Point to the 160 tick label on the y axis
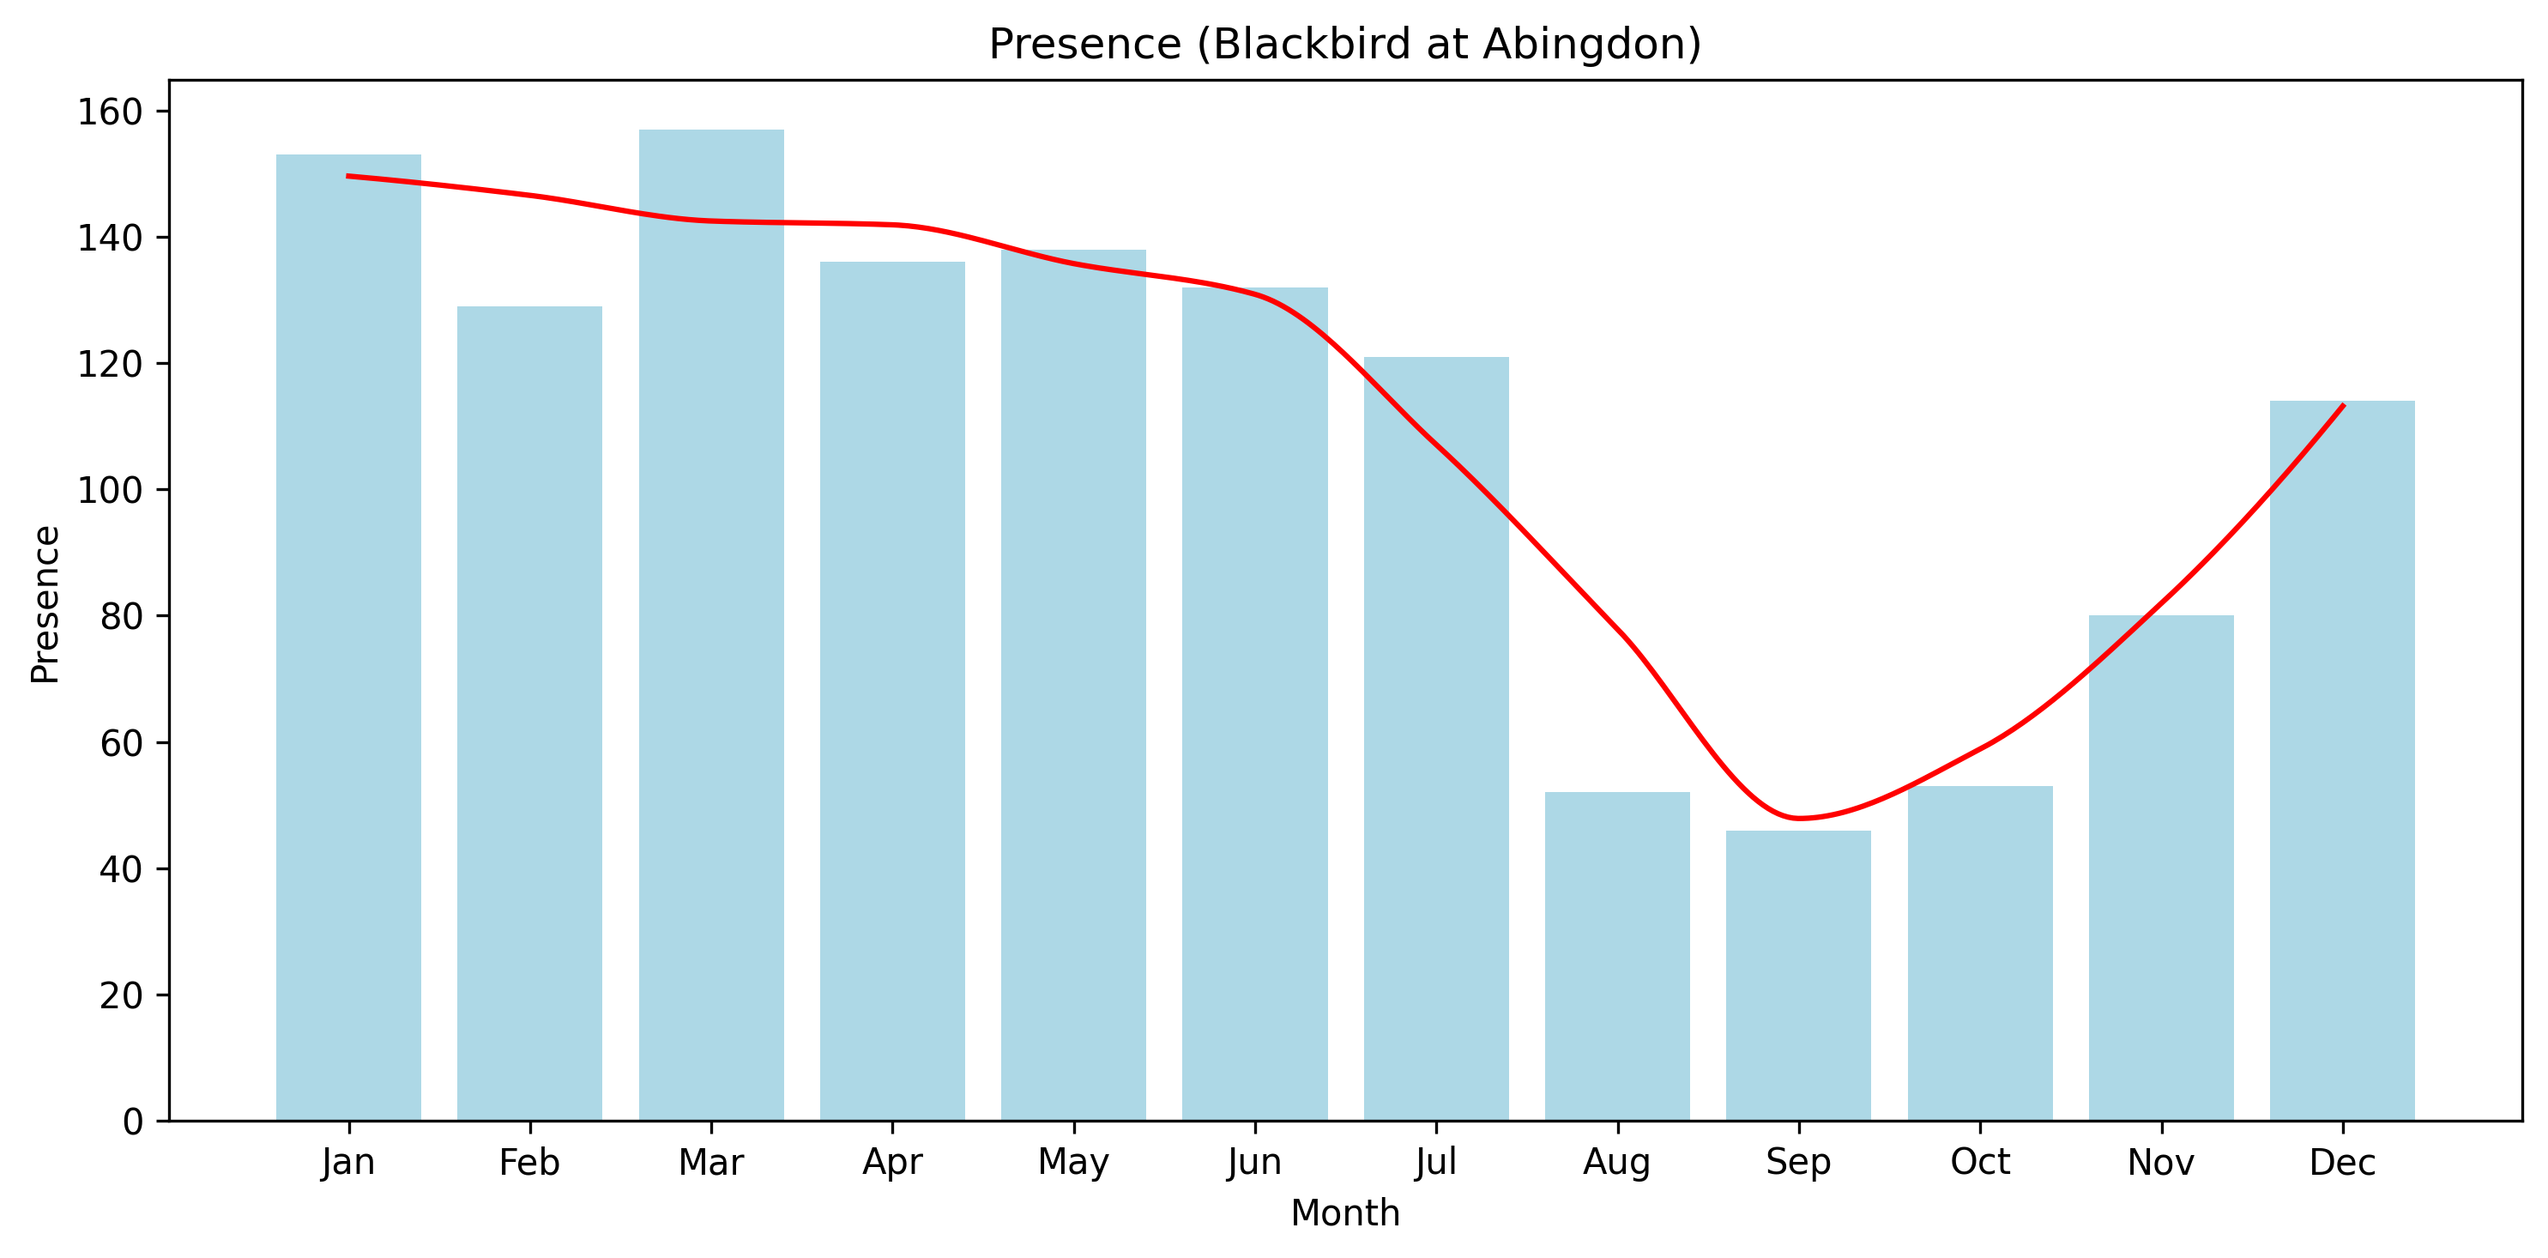click(x=110, y=112)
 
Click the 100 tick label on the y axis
click(x=110, y=491)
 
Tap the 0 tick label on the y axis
click(x=132, y=1122)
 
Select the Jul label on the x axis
click(x=1436, y=1162)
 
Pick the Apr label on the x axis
click(x=892, y=1162)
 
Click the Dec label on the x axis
click(x=2342, y=1162)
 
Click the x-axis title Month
click(x=1345, y=1213)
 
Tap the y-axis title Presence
click(x=45, y=604)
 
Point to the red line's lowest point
click(x=1798, y=818)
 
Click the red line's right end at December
click(x=2342, y=406)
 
